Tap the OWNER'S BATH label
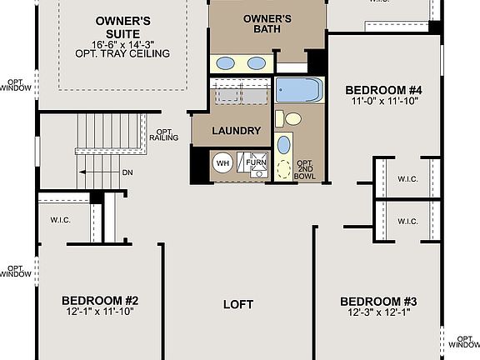(x=266, y=23)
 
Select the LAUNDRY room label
(x=237, y=131)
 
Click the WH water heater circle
(x=222, y=162)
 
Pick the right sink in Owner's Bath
(x=257, y=63)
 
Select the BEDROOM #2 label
(x=99, y=300)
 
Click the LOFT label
(x=238, y=304)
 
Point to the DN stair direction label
(x=127, y=172)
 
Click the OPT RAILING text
(x=163, y=136)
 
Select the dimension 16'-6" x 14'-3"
(x=122, y=43)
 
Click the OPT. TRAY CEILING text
(x=122, y=53)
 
